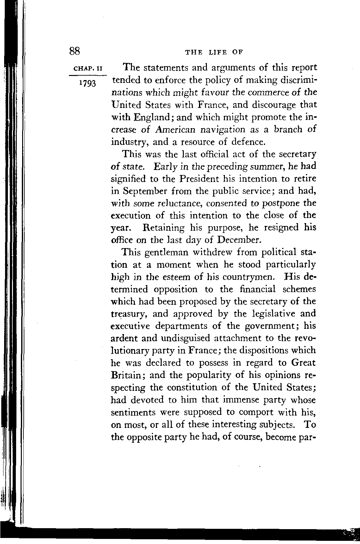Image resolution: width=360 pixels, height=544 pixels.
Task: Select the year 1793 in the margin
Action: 87,84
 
